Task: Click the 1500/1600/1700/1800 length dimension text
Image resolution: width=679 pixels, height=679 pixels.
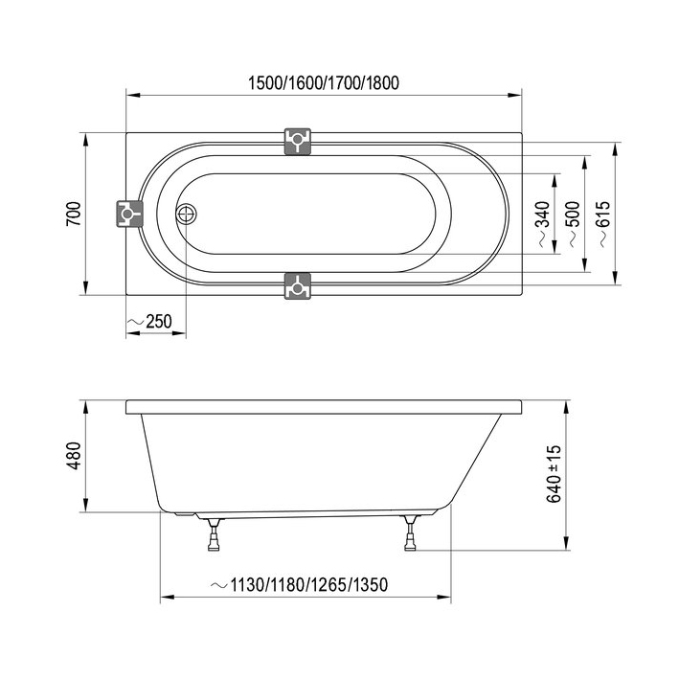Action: coord(324,82)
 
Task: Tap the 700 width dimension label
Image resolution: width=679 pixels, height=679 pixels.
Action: coord(74,214)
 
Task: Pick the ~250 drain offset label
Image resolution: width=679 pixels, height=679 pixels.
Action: coord(149,322)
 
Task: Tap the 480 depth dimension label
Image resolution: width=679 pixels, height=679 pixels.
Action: coord(74,456)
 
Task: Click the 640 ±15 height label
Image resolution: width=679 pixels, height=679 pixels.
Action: coord(554,473)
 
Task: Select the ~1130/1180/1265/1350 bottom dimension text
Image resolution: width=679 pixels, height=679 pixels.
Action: coord(299,584)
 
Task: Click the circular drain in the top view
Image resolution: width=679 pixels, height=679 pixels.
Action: coord(186,214)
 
